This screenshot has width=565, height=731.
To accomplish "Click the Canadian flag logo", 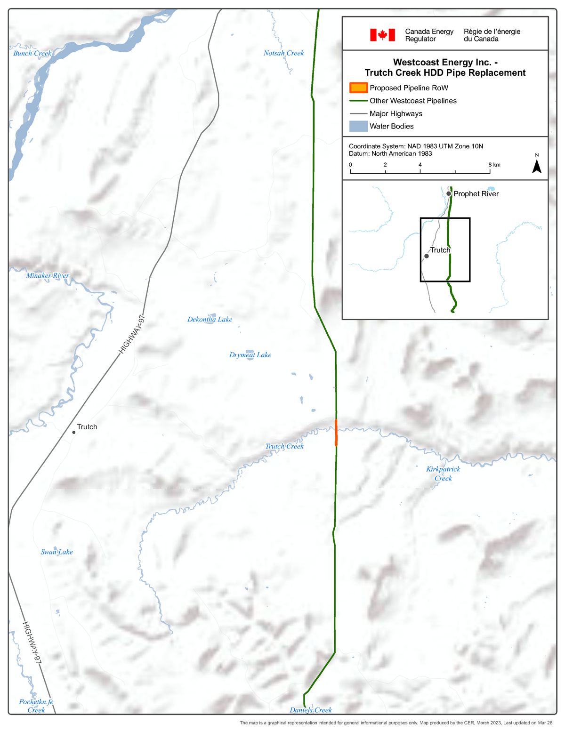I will coord(382,35).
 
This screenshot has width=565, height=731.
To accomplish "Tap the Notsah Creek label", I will coord(283,53).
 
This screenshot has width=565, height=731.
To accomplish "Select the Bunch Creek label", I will coord(32,53).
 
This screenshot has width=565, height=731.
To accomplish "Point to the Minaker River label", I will coord(48,275).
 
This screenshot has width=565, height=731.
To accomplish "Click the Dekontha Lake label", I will coord(210,319).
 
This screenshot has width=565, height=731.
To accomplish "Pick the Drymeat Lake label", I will coord(250,355).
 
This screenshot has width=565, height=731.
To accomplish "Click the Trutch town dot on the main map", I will coord(74,432).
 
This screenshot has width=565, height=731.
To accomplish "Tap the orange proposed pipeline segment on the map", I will coord(336,432).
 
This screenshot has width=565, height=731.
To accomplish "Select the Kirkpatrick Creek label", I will coord(443,474).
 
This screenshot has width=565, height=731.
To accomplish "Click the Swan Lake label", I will coord(56,552).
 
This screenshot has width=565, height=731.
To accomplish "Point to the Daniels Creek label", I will coord(311,710).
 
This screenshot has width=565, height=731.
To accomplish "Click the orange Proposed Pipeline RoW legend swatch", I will coord(358,88).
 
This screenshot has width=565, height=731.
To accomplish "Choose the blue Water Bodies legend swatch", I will coord(358,126).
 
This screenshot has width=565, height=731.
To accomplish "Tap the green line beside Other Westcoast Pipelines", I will coord(358,101).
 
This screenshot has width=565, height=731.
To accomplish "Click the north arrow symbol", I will coord(537,166).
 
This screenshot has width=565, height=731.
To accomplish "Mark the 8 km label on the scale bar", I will coord(494,165).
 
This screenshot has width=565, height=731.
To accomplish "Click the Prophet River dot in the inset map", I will coord(449,193).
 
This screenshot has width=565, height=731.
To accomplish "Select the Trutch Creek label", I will coord(284,446).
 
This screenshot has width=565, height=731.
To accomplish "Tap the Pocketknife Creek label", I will coord(36,706).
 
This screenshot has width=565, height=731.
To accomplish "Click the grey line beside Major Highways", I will coord(358,113).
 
